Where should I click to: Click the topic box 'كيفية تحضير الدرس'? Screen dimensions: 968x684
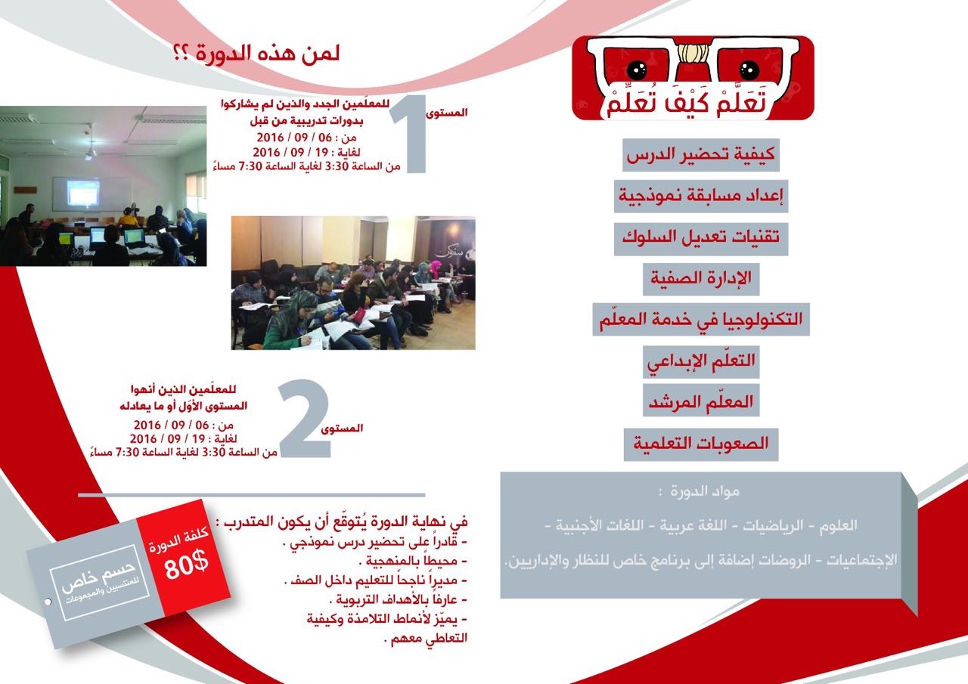coord(700,155)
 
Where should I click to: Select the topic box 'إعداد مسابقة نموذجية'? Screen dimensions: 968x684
coord(700,196)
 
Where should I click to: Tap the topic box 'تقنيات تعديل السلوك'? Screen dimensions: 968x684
coord(700,239)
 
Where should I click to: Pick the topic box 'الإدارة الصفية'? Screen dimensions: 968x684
coord(701,280)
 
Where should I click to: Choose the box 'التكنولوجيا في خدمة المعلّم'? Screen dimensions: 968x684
coord(700,320)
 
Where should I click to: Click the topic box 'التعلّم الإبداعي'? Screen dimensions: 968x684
coord(701,362)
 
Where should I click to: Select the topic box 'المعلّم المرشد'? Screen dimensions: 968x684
coord(701,401)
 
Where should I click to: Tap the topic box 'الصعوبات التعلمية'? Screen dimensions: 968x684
coord(701,444)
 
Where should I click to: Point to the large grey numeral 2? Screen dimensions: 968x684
coord(305,418)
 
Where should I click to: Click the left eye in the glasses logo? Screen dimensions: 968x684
coord(636,69)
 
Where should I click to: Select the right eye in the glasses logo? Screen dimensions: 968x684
coord(749,69)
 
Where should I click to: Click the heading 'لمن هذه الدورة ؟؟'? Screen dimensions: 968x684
coord(256,54)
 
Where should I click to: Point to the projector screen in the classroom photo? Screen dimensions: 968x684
coord(83,193)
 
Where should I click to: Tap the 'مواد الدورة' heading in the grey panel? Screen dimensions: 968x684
coord(700,491)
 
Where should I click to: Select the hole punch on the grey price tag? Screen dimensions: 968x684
coord(48,601)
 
